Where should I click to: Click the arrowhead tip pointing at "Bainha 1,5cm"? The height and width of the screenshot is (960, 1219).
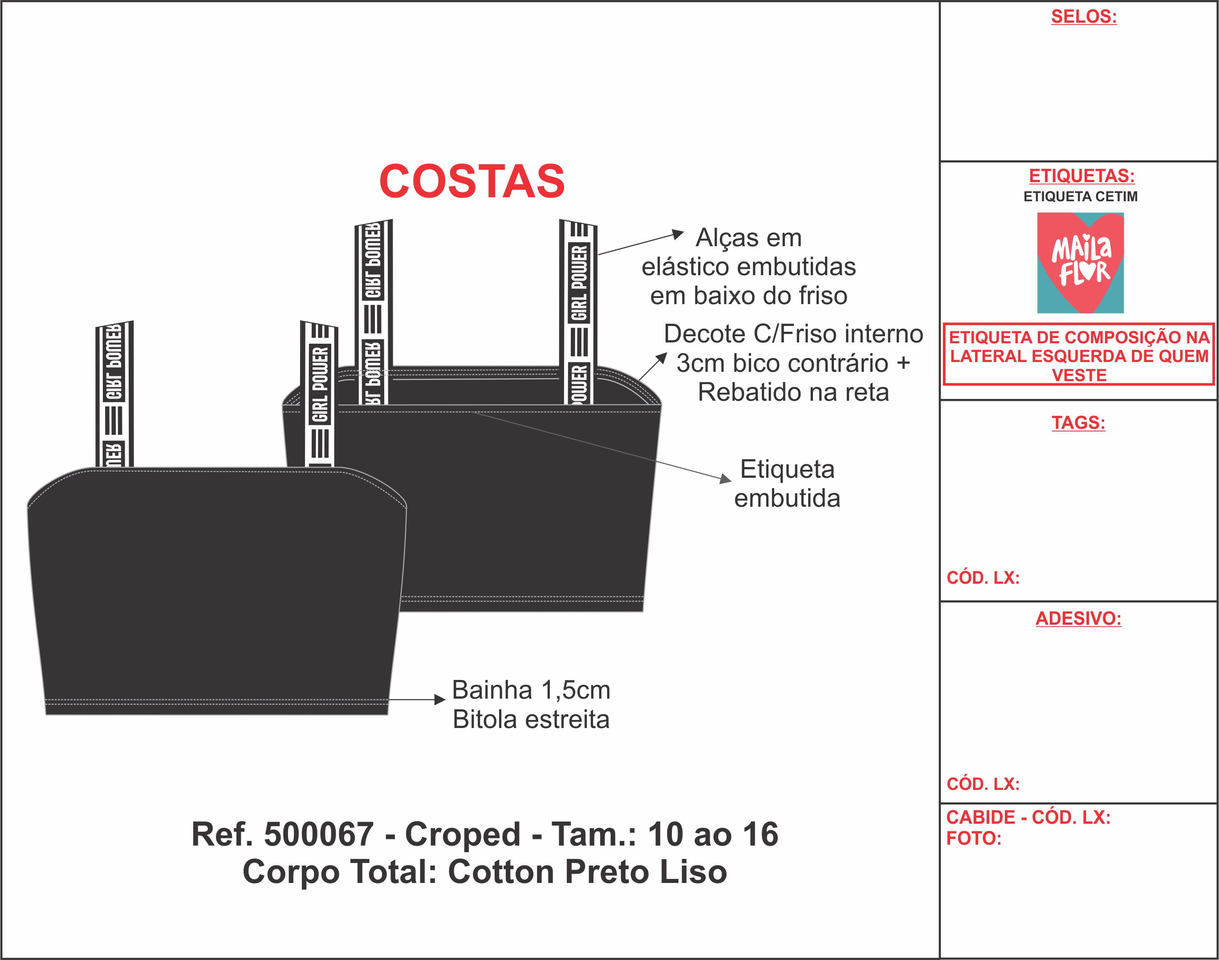point(446,700)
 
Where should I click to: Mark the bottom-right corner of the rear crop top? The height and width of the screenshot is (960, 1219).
point(642,611)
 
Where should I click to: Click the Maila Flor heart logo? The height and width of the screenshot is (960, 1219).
point(1080,262)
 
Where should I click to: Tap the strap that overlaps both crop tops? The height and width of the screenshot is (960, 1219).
point(319,394)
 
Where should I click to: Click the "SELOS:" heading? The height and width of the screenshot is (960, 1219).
point(1084,17)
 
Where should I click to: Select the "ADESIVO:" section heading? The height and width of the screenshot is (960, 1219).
point(1078,618)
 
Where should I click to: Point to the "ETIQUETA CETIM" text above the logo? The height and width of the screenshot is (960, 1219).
point(1080,197)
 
